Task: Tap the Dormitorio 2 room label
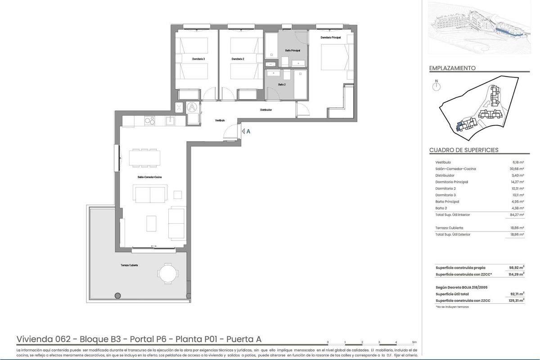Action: (x=237, y=59)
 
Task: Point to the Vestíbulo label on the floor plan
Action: (x=220, y=120)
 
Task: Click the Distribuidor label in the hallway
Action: (x=266, y=110)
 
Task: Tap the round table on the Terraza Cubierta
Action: (x=167, y=273)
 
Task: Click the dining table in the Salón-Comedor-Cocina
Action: (x=144, y=157)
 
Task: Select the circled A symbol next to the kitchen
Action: (x=192, y=108)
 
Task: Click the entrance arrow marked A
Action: (x=246, y=131)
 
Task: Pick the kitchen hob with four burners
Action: (x=149, y=120)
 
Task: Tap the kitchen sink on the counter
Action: (x=171, y=120)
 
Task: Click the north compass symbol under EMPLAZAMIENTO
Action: (x=435, y=85)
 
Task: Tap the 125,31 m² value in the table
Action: (x=516, y=300)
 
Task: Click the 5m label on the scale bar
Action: (x=414, y=342)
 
